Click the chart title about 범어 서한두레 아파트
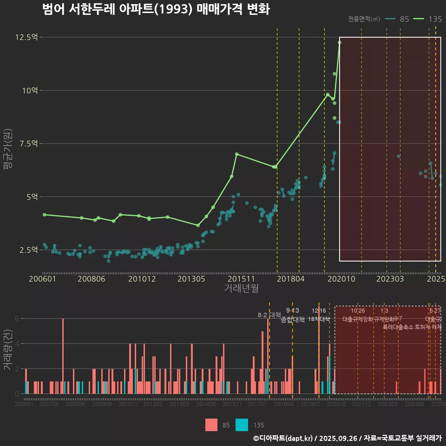[x=156, y=9]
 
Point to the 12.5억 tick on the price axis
[x=26, y=37]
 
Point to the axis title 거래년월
[x=241, y=288]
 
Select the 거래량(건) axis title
[x=7, y=350]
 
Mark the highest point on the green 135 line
[x=340, y=42]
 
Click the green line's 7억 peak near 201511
[x=236, y=154]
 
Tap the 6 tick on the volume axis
[x=17, y=319]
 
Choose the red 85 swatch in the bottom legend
[x=211, y=425]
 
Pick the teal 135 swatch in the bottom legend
[x=242, y=425]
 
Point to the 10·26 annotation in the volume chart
[x=358, y=311]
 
